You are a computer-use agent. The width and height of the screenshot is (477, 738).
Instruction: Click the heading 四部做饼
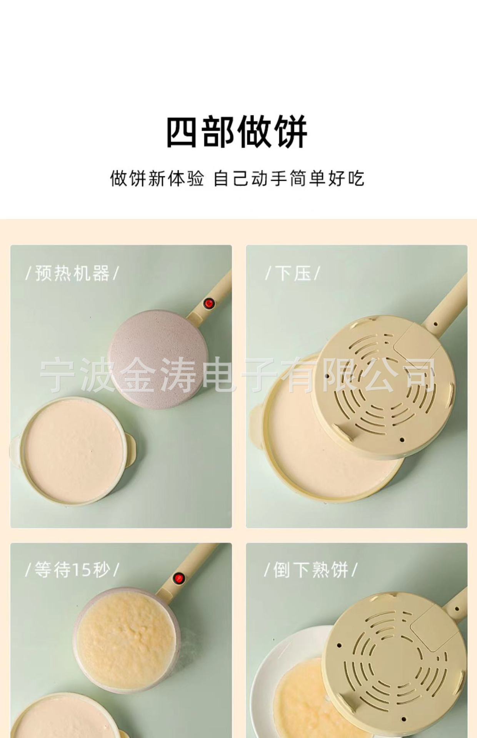(237, 132)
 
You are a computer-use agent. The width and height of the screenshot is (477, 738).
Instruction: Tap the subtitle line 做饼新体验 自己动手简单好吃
(237, 179)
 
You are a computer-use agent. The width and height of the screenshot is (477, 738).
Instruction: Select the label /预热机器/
(72, 273)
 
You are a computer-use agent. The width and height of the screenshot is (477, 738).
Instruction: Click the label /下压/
(292, 273)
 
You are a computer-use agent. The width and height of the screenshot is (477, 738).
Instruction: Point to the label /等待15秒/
(72, 570)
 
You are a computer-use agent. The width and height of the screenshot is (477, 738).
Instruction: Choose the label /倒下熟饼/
(310, 570)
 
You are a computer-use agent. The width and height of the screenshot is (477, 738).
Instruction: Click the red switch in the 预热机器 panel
(208, 303)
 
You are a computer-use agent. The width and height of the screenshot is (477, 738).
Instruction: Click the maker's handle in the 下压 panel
(446, 304)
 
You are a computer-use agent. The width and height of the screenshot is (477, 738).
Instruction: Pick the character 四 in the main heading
(182, 132)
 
